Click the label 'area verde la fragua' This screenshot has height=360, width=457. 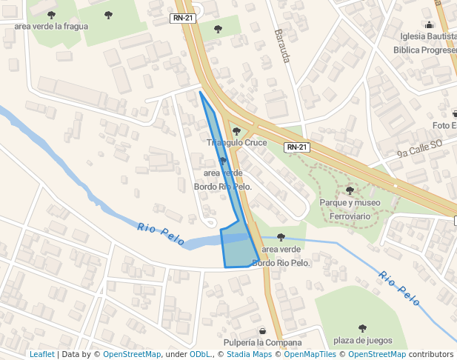tap(51, 27)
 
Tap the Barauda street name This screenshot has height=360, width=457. tap(281, 45)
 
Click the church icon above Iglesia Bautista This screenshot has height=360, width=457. tap(429, 24)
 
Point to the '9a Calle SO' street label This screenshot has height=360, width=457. tap(418, 148)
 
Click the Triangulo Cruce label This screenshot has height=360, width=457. tap(236, 142)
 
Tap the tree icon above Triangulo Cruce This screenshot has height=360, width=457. tap(236, 131)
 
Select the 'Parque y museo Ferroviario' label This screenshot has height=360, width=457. tap(350, 208)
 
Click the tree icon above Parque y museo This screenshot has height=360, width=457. tap(350, 190)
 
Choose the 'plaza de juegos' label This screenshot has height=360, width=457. tap(362, 341)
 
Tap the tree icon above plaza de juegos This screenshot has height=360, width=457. tap(362, 328)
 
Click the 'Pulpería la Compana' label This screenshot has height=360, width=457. tap(261, 342)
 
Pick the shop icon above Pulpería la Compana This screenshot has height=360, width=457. tap(261, 330)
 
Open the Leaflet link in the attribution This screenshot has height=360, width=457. tap(42, 354)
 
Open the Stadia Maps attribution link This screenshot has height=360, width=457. tap(247, 354)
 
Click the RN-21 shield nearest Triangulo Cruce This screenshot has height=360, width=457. tap(296, 147)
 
